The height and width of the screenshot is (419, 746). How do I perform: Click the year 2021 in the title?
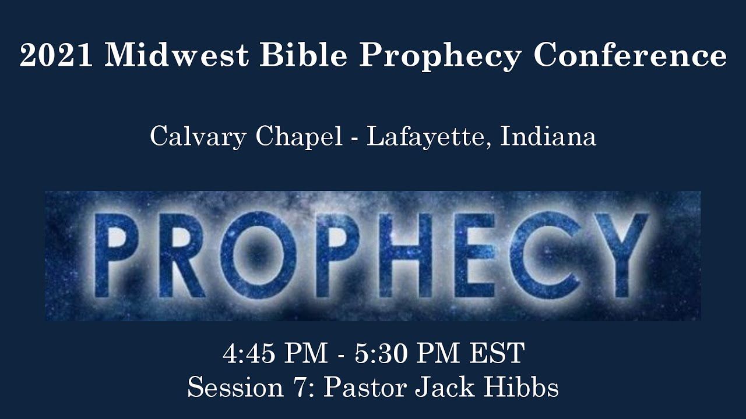point(56,55)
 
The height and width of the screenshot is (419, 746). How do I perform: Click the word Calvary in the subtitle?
point(198,137)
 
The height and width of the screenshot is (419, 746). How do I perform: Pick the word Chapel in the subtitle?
point(299,137)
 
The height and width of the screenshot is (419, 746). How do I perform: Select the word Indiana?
point(548,136)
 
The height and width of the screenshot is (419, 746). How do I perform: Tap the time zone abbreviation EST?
point(497,353)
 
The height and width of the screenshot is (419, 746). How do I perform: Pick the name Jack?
point(445,387)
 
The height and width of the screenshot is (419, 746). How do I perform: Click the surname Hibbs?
point(521,387)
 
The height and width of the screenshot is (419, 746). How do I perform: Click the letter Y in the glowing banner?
point(622,256)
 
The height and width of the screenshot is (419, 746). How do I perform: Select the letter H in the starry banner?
point(406,255)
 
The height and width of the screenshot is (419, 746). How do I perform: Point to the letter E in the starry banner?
point(474,255)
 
